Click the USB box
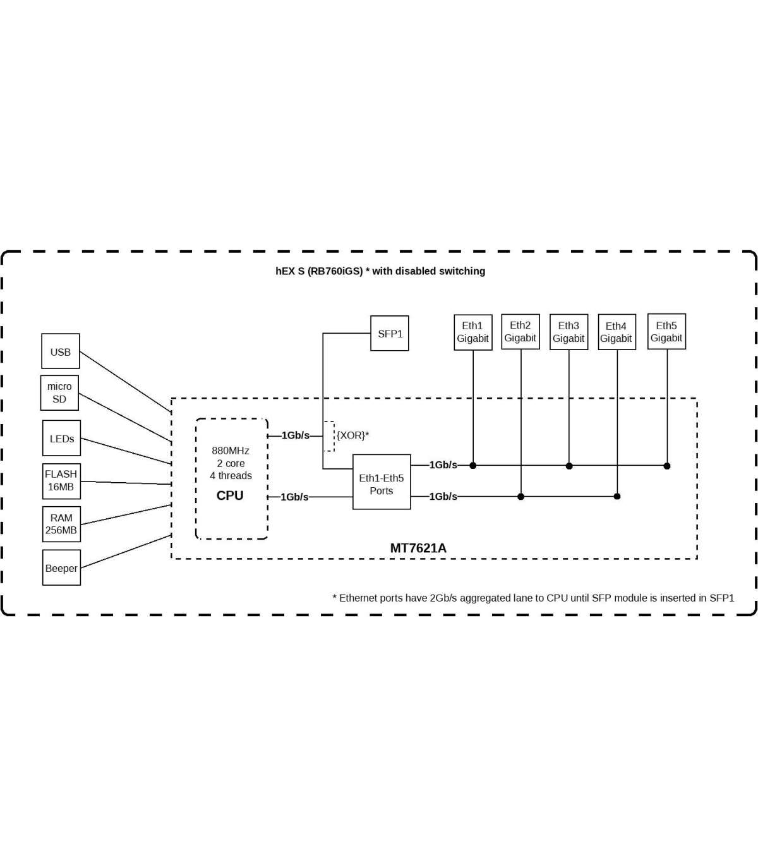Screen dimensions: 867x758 [x=61, y=351]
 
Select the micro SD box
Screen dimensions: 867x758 [x=59, y=392]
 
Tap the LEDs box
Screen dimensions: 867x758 [x=62, y=438]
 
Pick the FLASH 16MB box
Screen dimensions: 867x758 [x=61, y=480]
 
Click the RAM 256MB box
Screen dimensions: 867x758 [x=61, y=524]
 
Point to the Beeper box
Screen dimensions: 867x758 [x=61, y=567]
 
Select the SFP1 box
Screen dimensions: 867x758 [x=390, y=333]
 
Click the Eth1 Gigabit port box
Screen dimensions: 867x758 [x=472, y=332]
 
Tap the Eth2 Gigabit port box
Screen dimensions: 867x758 [x=520, y=332]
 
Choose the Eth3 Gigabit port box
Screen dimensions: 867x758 [x=568, y=332]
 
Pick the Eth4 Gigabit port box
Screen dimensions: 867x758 [x=617, y=332]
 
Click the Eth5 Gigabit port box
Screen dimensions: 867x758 [x=666, y=332]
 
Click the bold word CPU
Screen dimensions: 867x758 [x=230, y=495]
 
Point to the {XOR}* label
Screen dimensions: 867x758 [x=352, y=435]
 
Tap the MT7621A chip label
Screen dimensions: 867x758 [x=418, y=548]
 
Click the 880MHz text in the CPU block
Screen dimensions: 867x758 [x=231, y=451]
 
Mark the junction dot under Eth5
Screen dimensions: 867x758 [x=667, y=466]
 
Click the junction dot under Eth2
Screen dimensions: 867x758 [x=520, y=497]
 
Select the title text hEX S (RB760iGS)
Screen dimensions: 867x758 [x=319, y=271]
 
